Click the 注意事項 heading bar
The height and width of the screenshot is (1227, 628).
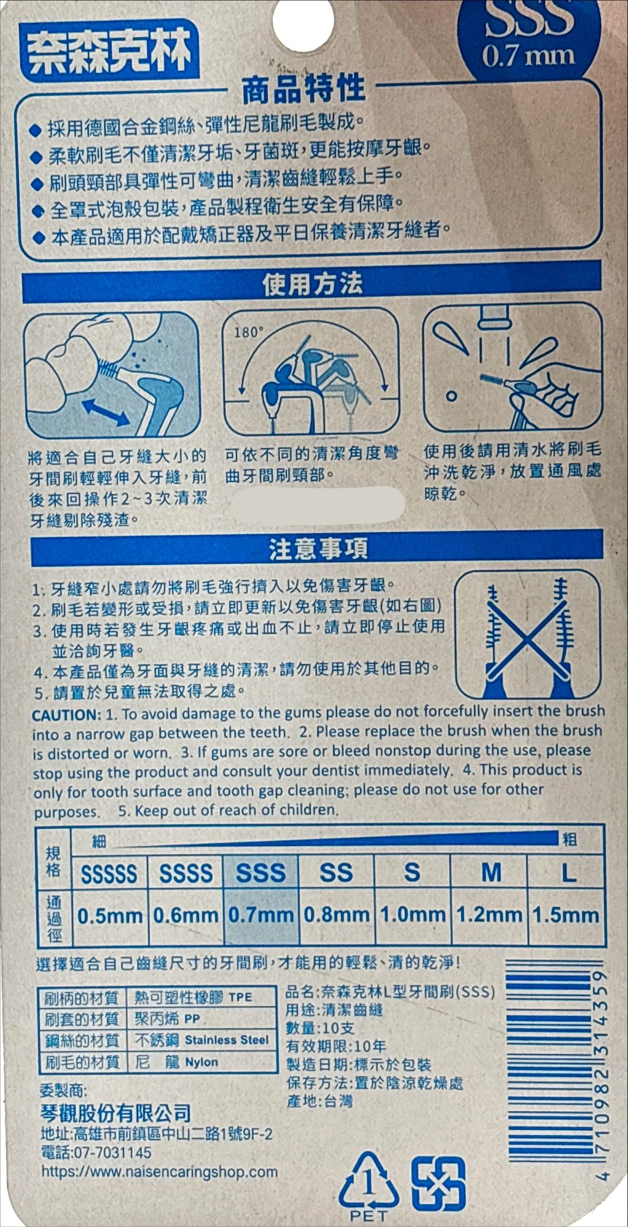pos(317,548)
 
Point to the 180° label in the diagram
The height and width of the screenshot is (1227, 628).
pos(249,332)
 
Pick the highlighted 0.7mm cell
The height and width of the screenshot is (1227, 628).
pos(261,915)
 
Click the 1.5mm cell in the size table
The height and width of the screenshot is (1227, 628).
pos(566,915)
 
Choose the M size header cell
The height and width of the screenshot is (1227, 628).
pos(490,873)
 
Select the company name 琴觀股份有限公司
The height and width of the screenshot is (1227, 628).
pos(116,1113)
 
